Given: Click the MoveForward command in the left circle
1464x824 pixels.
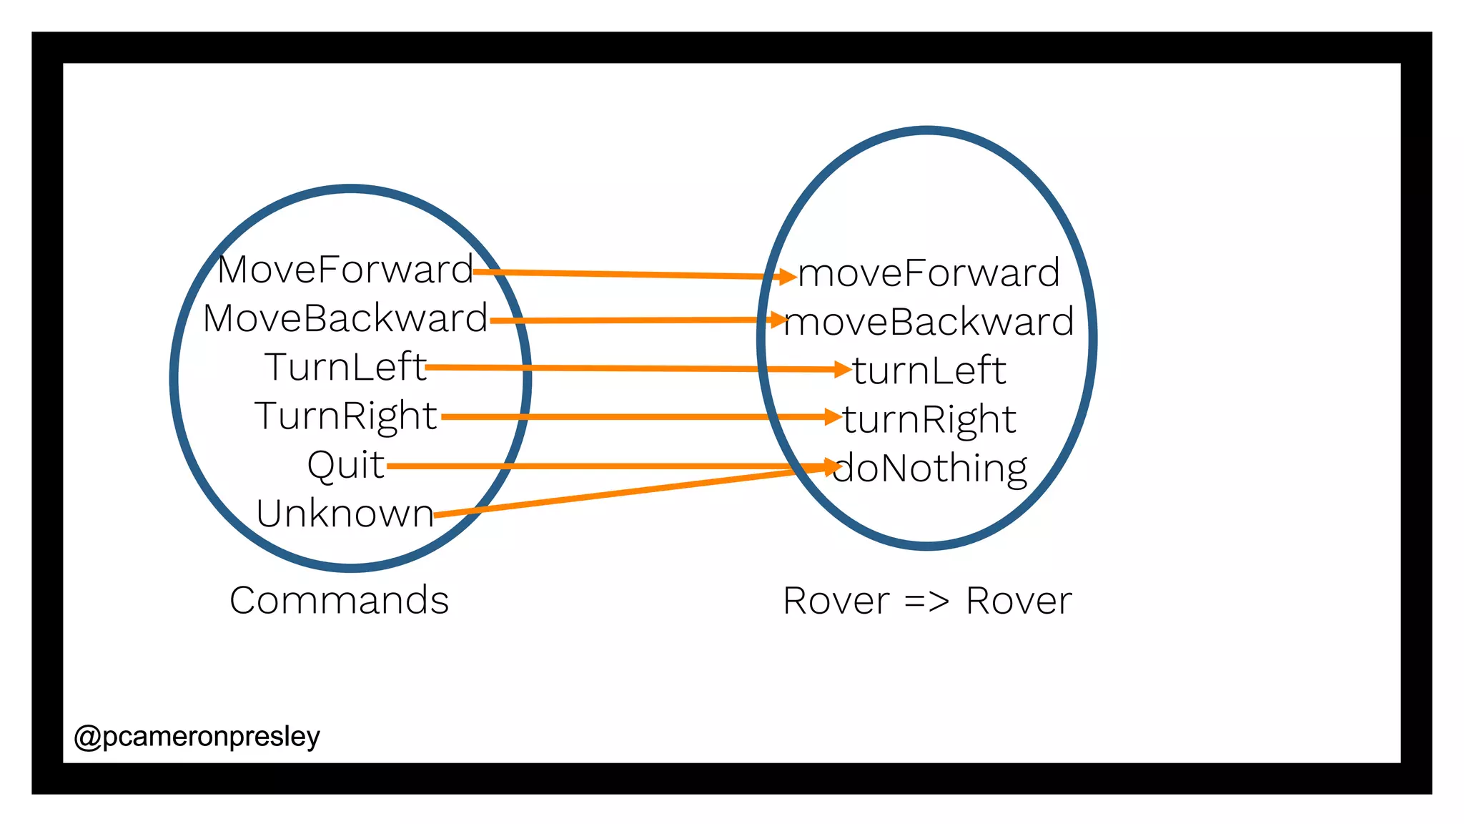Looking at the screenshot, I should (x=345, y=270).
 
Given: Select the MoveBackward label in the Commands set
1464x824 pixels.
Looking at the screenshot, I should (x=345, y=318).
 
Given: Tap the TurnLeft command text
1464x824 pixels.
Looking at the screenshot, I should (x=345, y=367).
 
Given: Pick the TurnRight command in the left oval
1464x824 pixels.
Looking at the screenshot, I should (x=345, y=416).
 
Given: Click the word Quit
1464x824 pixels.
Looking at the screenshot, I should (x=345, y=465).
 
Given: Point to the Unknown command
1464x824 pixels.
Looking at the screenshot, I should (x=345, y=514).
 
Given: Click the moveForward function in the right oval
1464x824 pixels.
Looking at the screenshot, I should (x=929, y=273).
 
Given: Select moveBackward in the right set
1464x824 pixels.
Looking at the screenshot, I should (x=929, y=322).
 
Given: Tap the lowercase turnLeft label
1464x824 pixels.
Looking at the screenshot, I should (x=929, y=371).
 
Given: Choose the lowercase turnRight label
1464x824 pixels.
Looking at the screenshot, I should (x=929, y=419).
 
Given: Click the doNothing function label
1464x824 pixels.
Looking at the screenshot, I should (x=929, y=469).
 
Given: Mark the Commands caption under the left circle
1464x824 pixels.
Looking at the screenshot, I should (x=339, y=600).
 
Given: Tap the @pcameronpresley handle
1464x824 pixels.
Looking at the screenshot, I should (x=197, y=737).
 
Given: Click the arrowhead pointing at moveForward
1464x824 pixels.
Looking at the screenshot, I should (x=788, y=276).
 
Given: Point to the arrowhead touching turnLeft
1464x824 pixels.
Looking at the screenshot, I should (x=842, y=369).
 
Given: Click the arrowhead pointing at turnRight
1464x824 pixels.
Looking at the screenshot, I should (x=832, y=416).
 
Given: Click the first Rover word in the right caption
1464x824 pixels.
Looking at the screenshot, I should (x=836, y=601).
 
